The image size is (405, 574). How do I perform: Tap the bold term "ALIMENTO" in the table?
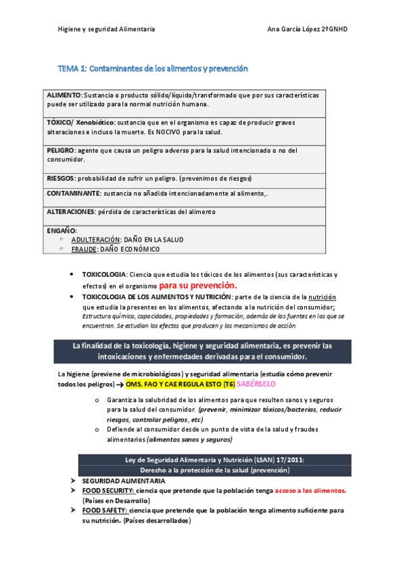[64, 95]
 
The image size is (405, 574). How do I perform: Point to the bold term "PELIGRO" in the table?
[62, 150]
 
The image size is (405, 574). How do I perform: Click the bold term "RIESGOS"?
[60, 178]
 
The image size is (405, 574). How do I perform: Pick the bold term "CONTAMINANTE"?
[73, 194]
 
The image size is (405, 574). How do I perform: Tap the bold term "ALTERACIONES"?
[71, 212]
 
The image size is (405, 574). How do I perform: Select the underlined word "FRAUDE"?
[84, 249]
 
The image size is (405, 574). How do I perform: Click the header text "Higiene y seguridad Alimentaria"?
[106, 30]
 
